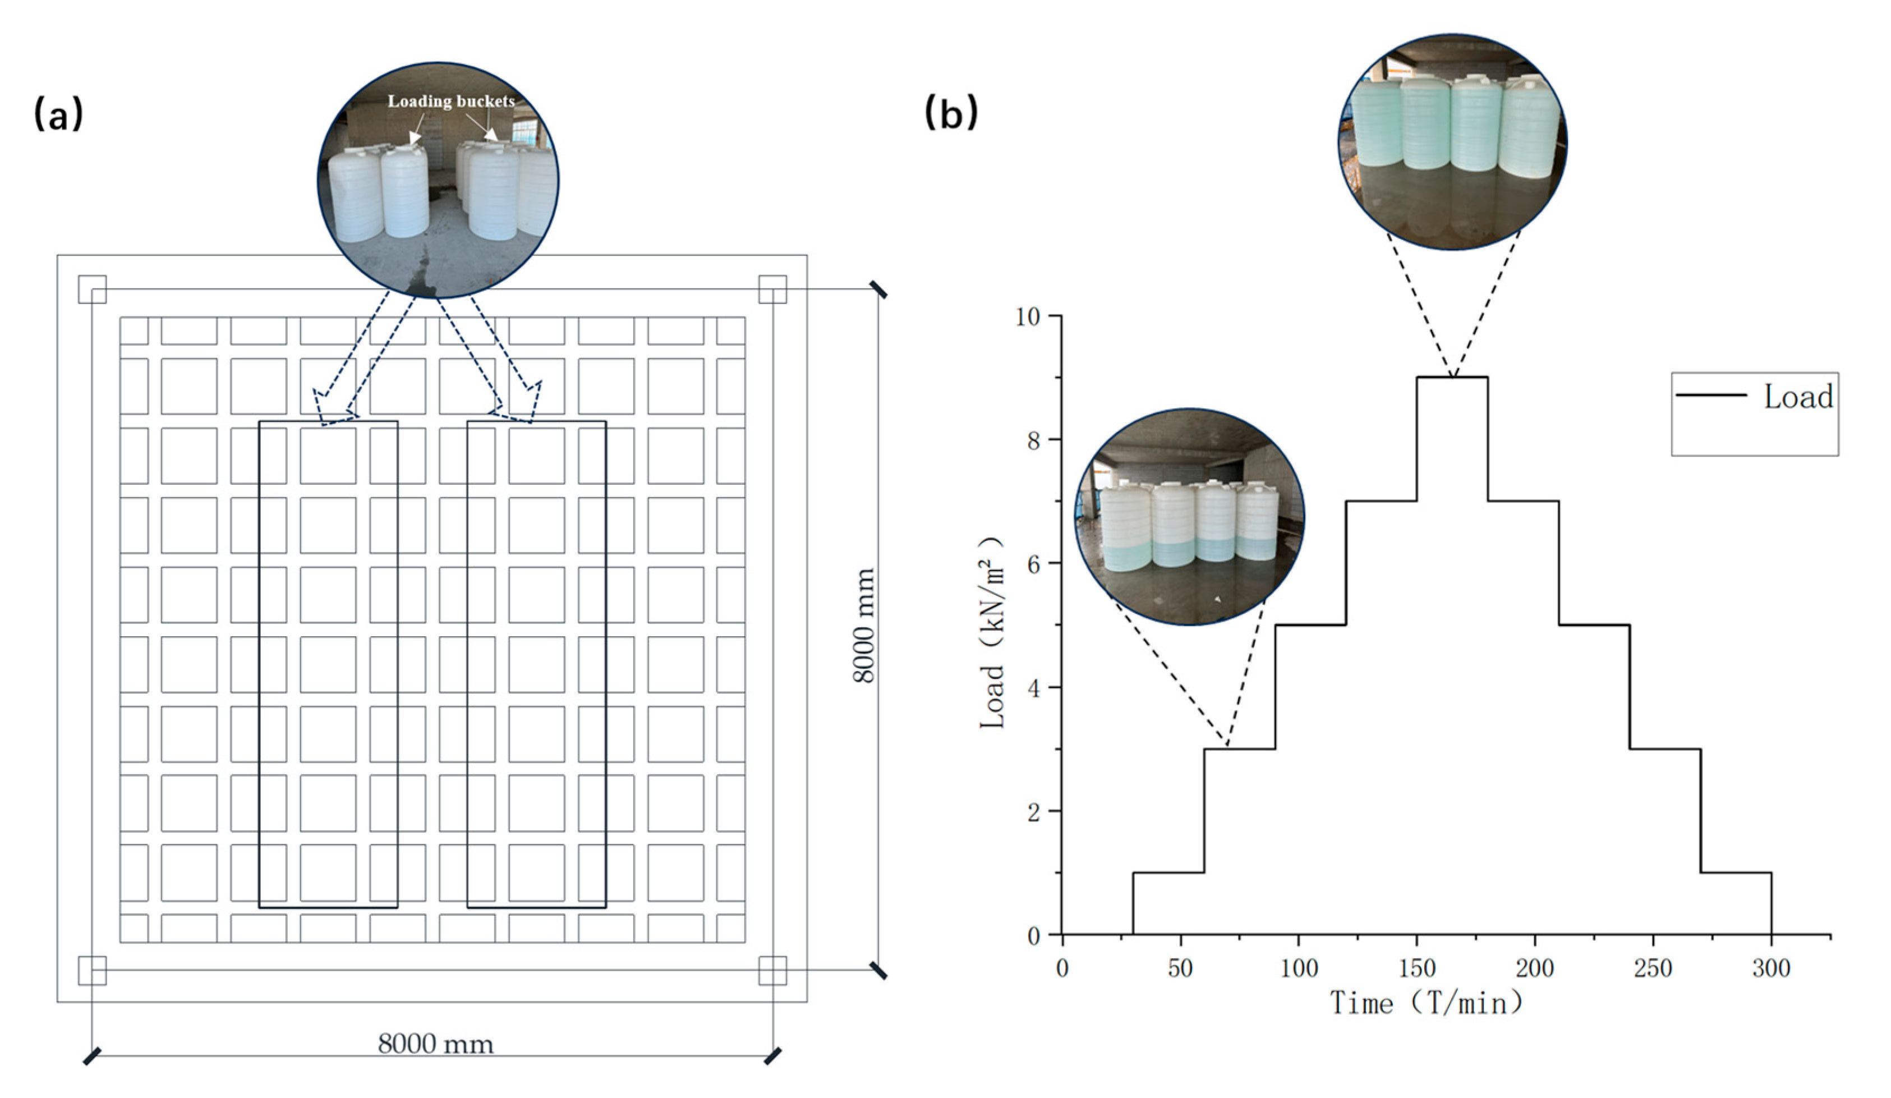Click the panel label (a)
(58, 114)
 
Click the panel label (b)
(951, 114)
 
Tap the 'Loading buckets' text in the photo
(451, 102)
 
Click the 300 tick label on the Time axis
(1771, 968)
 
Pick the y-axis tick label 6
(1034, 564)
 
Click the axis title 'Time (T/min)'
(1426, 1003)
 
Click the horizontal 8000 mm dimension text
(435, 1044)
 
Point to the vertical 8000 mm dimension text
(864, 625)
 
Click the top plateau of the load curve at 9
(1451, 378)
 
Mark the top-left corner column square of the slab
(93, 289)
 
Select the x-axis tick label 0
(1062, 968)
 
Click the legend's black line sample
(1711, 395)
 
